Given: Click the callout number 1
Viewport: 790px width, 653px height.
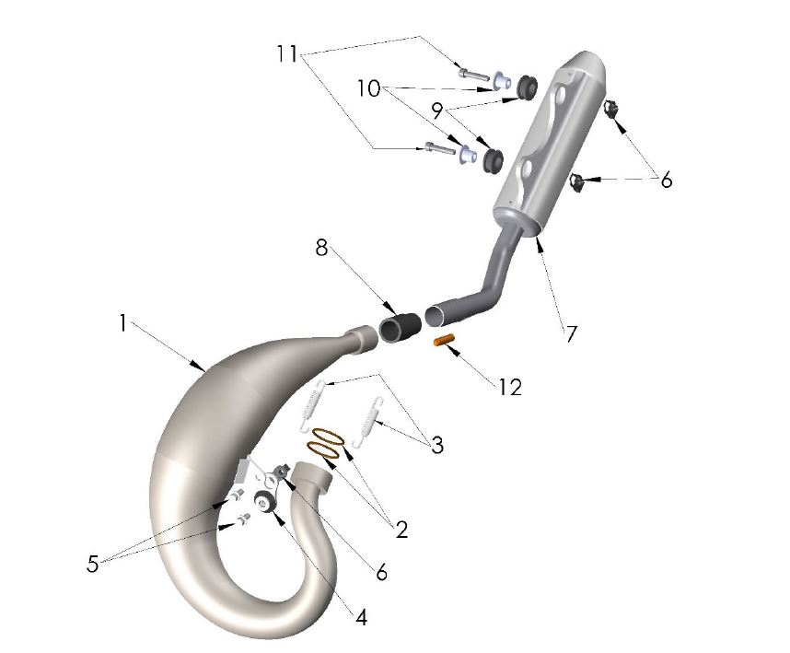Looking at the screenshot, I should [122, 322].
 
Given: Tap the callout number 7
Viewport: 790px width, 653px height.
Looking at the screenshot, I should [571, 332].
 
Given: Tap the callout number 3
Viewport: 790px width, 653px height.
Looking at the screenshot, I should [436, 445].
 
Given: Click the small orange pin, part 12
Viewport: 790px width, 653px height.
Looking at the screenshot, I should [446, 342].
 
